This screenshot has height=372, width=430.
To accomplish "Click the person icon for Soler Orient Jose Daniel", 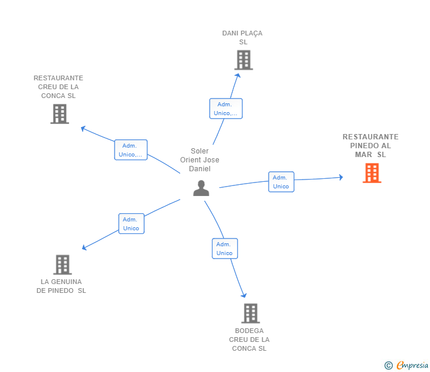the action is click(x=201, y=188).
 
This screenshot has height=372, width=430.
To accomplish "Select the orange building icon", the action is click(x=372, y=173).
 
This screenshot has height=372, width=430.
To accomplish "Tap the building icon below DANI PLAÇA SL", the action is click(x=243, y=60).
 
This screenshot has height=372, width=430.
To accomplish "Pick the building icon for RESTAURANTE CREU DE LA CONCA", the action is click(x=60, y=114).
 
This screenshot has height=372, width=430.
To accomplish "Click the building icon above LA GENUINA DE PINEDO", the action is click(x=63, y=265).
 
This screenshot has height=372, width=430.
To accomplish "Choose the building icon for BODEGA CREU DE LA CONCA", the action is click(x=250, y=314).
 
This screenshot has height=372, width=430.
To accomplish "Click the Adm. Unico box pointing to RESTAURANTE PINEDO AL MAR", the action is click(x=281, y=182).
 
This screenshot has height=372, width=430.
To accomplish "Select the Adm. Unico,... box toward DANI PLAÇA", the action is click(x=226, y=109).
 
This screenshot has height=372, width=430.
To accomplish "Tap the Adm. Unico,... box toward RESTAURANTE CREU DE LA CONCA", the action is click(x=131, y=150).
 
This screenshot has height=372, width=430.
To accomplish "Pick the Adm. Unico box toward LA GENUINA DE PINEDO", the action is click(x=131, y=224).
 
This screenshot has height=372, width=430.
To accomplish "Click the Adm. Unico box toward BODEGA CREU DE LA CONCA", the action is click(x=225, y=249).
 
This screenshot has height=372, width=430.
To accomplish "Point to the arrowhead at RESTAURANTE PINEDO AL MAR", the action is click(x=341, y=177).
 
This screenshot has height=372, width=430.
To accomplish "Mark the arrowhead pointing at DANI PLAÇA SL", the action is click(x=238, y=76).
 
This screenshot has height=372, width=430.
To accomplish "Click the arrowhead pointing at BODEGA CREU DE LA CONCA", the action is click(x=244, y=295).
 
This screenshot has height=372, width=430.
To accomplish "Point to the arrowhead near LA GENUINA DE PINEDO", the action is click(x=84, y=247).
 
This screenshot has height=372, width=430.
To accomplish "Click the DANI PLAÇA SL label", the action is click(x=242, y=38).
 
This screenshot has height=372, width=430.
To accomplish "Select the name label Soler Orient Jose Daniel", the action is click(x=200, y=160).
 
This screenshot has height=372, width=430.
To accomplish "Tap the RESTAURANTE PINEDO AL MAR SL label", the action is click(x=370, y=146).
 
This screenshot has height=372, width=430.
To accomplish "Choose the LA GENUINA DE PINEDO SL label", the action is click(x=61, y=286).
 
